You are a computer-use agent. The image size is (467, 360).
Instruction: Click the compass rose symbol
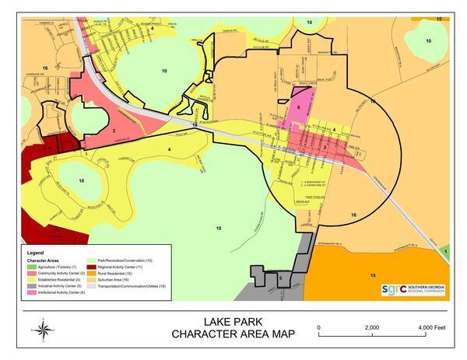44,330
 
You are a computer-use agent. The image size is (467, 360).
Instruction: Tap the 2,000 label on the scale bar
372,327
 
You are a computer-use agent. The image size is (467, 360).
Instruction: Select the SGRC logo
413,289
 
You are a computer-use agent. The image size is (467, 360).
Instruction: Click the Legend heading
37,253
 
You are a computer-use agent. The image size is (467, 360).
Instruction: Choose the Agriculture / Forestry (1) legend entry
61,266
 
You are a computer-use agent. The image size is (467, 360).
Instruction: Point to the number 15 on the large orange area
373,275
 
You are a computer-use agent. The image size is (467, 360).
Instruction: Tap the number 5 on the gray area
280,276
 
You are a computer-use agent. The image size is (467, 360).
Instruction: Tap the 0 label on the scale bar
320,327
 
